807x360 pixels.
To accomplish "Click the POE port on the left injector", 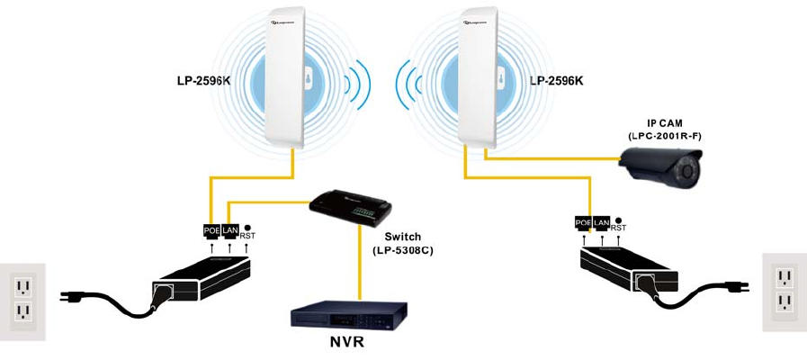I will pos(212,231).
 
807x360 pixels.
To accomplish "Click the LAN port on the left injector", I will pos(230,231).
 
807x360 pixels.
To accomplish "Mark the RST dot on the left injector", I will pos(247,228).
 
